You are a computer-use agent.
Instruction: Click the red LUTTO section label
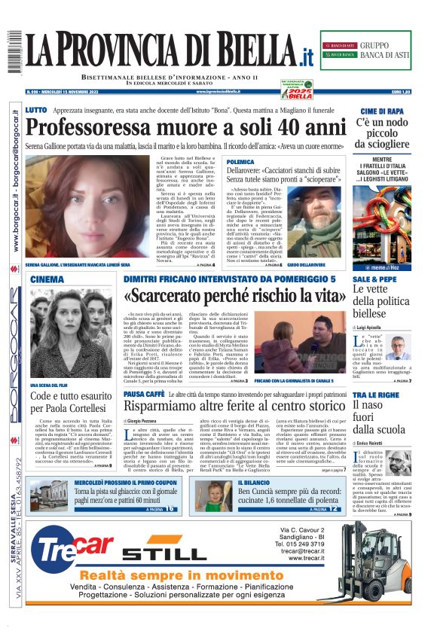pos(35,110)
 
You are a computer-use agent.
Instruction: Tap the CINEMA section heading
pos(47,279)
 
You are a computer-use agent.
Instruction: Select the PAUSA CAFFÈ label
pos(144,394)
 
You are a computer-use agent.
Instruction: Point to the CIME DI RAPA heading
pos(384,111)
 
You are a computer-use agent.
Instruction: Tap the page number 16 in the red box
pos(170,508)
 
